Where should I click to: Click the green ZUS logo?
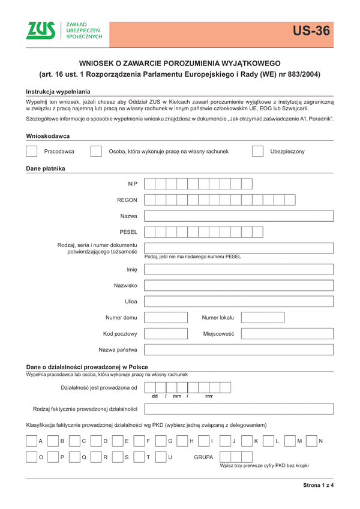[41, 31]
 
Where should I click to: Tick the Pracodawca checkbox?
[32, 152]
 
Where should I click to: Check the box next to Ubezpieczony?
[257, 152]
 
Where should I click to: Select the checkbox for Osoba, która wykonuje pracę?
[95, 152]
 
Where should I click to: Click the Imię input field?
[238, 269]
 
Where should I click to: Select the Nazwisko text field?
[238, 285]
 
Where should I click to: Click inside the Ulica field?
[238, 302]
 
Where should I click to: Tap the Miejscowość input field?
[286, 333]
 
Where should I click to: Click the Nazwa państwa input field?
[238, 350]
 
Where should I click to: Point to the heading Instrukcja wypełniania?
[58, 91]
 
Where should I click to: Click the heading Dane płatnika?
[46, 168]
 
